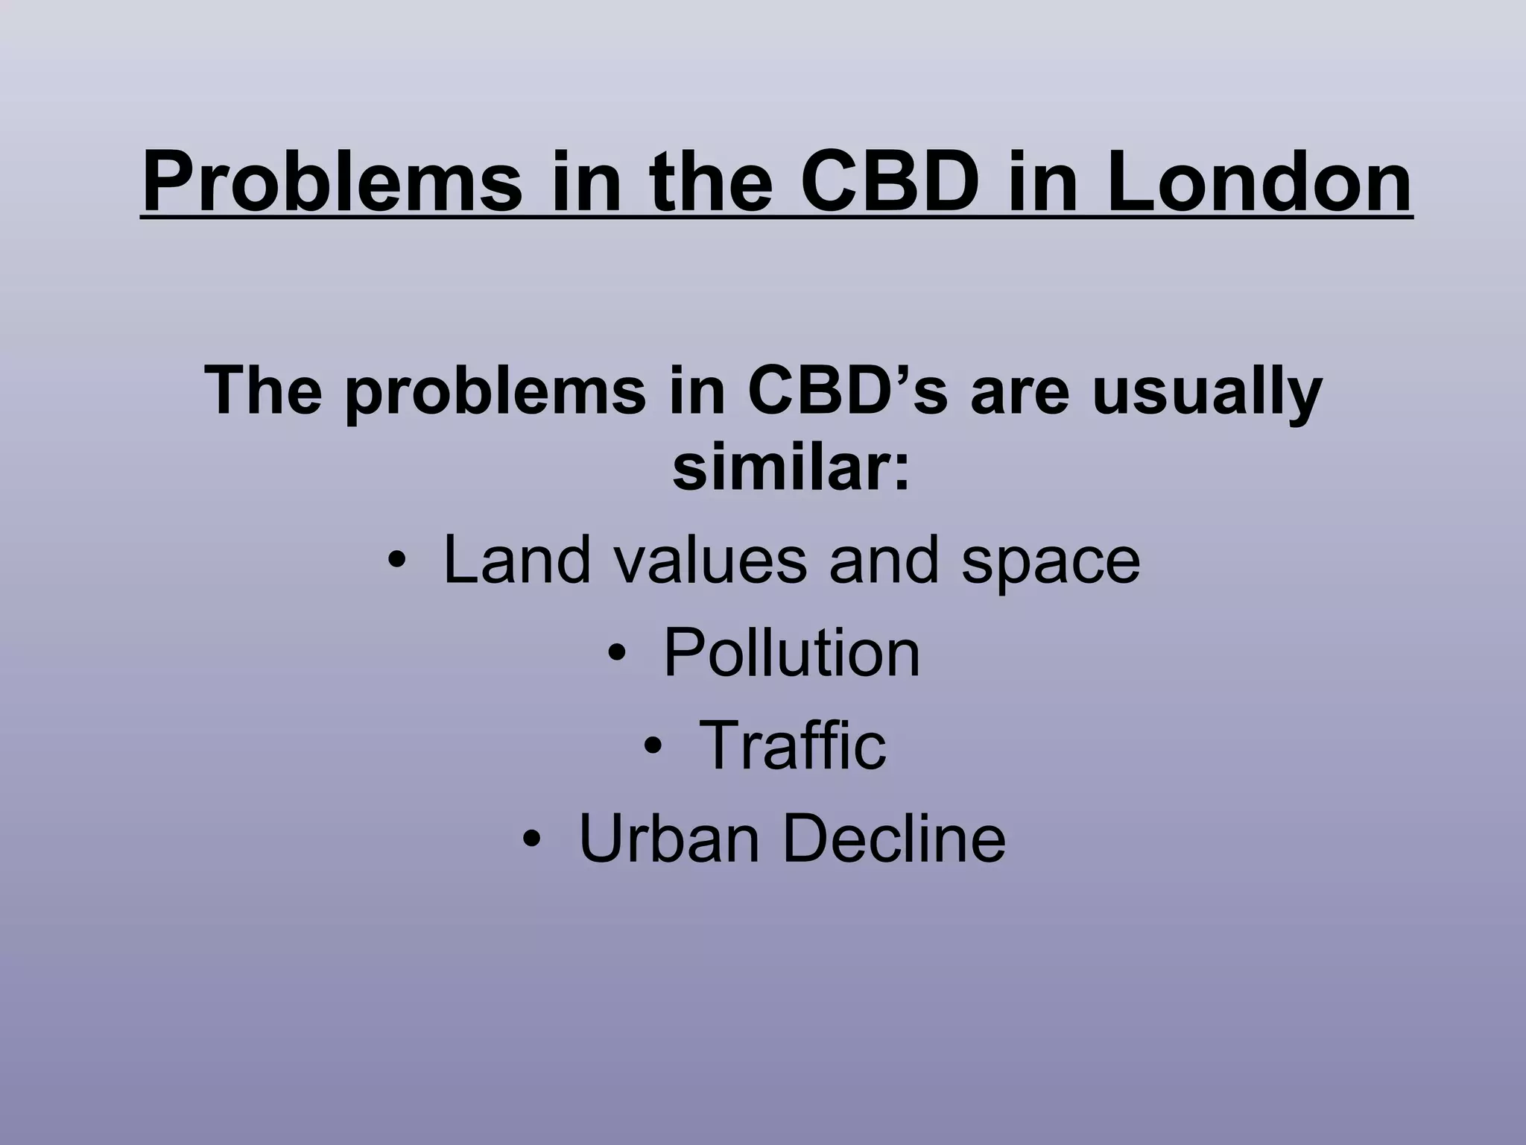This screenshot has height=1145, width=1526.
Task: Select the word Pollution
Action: click(x=791, y=653)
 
